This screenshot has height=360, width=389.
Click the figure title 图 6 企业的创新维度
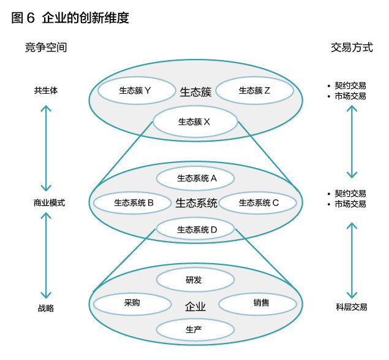[x=70, y=18]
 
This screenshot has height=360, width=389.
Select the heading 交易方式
[x=352, y=47]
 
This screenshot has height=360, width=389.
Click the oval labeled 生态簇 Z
[x=255, y=91]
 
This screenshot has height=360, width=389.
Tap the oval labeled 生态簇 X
[x=195, y=121]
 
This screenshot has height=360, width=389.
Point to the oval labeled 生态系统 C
[x=258, y=202]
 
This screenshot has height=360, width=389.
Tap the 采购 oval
[x=132, y=303]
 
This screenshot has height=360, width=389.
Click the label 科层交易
[x=351, y=308]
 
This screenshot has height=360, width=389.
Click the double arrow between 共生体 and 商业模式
[x=45, y=147]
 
